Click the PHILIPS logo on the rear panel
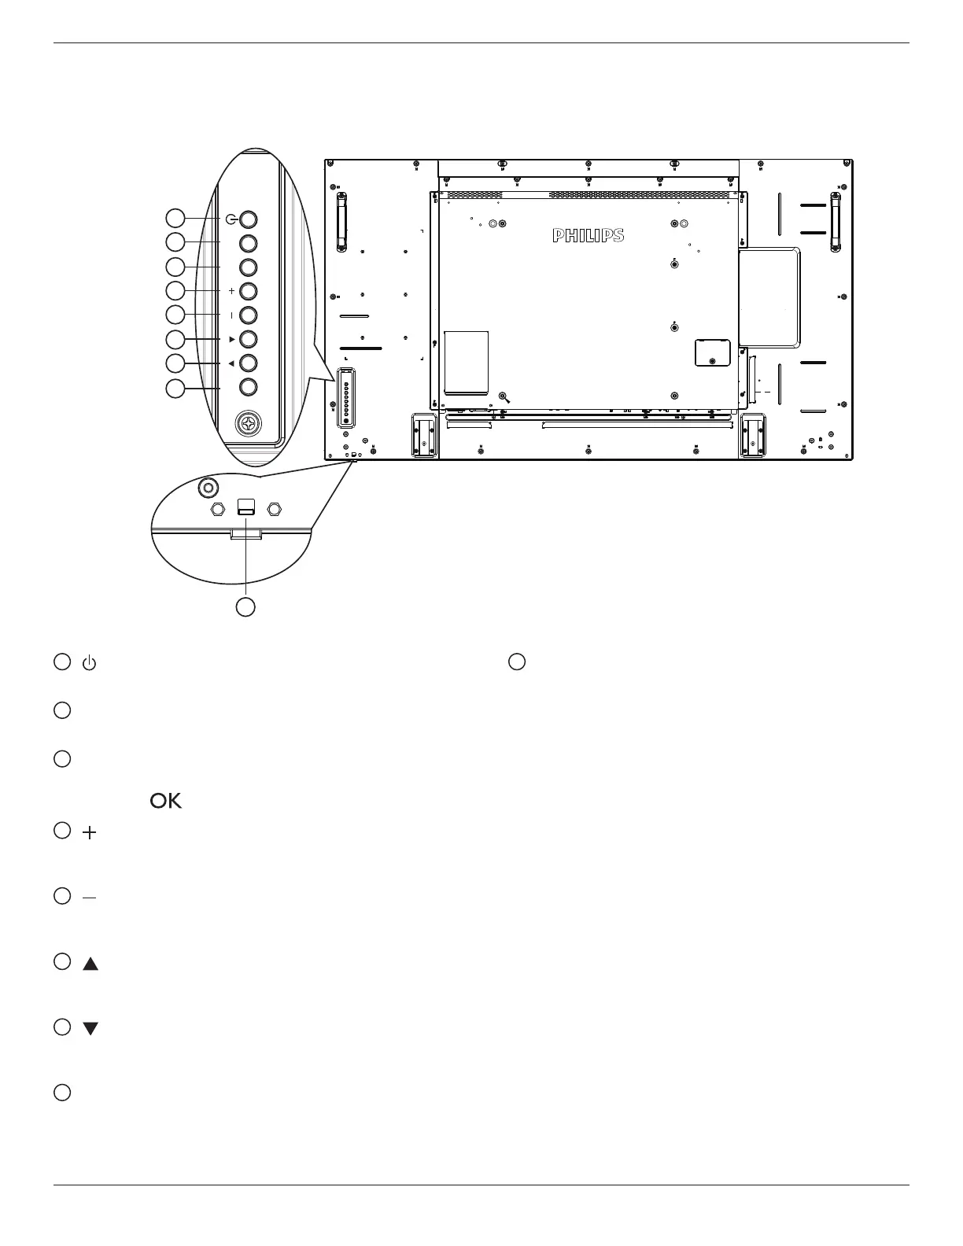coord(588,235)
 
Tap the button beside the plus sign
coord(248,290)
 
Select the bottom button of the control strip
coord(248,387)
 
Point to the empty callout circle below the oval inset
coord(246,606)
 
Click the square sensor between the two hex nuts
coord(246,507)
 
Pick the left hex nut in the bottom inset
coord(218,509)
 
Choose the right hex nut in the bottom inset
coord(274,509)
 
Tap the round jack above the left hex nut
coord(208,488)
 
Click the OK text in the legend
coord(165,801)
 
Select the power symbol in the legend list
coord(90,663)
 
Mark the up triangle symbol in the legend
coord(90,964)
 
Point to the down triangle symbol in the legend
coord(90,1029)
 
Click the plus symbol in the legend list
coord(90,833)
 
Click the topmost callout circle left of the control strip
coord(175,217)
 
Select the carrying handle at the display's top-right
coord(836,222)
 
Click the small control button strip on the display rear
coord(345,399)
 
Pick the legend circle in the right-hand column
coord(516,662)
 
